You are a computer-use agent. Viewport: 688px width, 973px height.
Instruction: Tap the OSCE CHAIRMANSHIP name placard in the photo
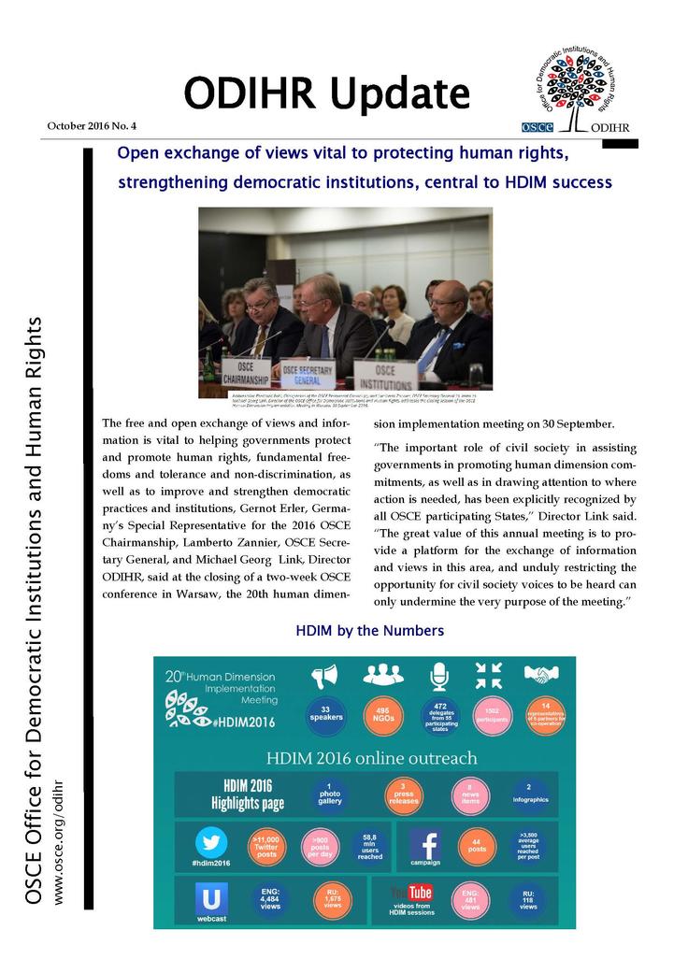(x=243, y=372)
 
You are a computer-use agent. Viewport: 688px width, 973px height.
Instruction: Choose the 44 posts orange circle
(x=478, y=846)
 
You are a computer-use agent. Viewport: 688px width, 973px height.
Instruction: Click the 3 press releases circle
(x=402, y=794)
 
